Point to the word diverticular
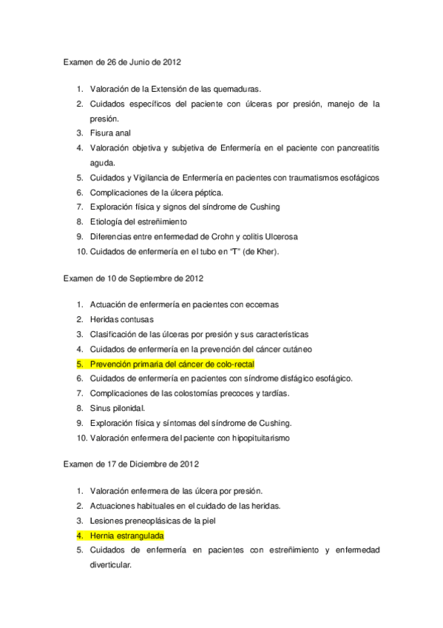point(110,564)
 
